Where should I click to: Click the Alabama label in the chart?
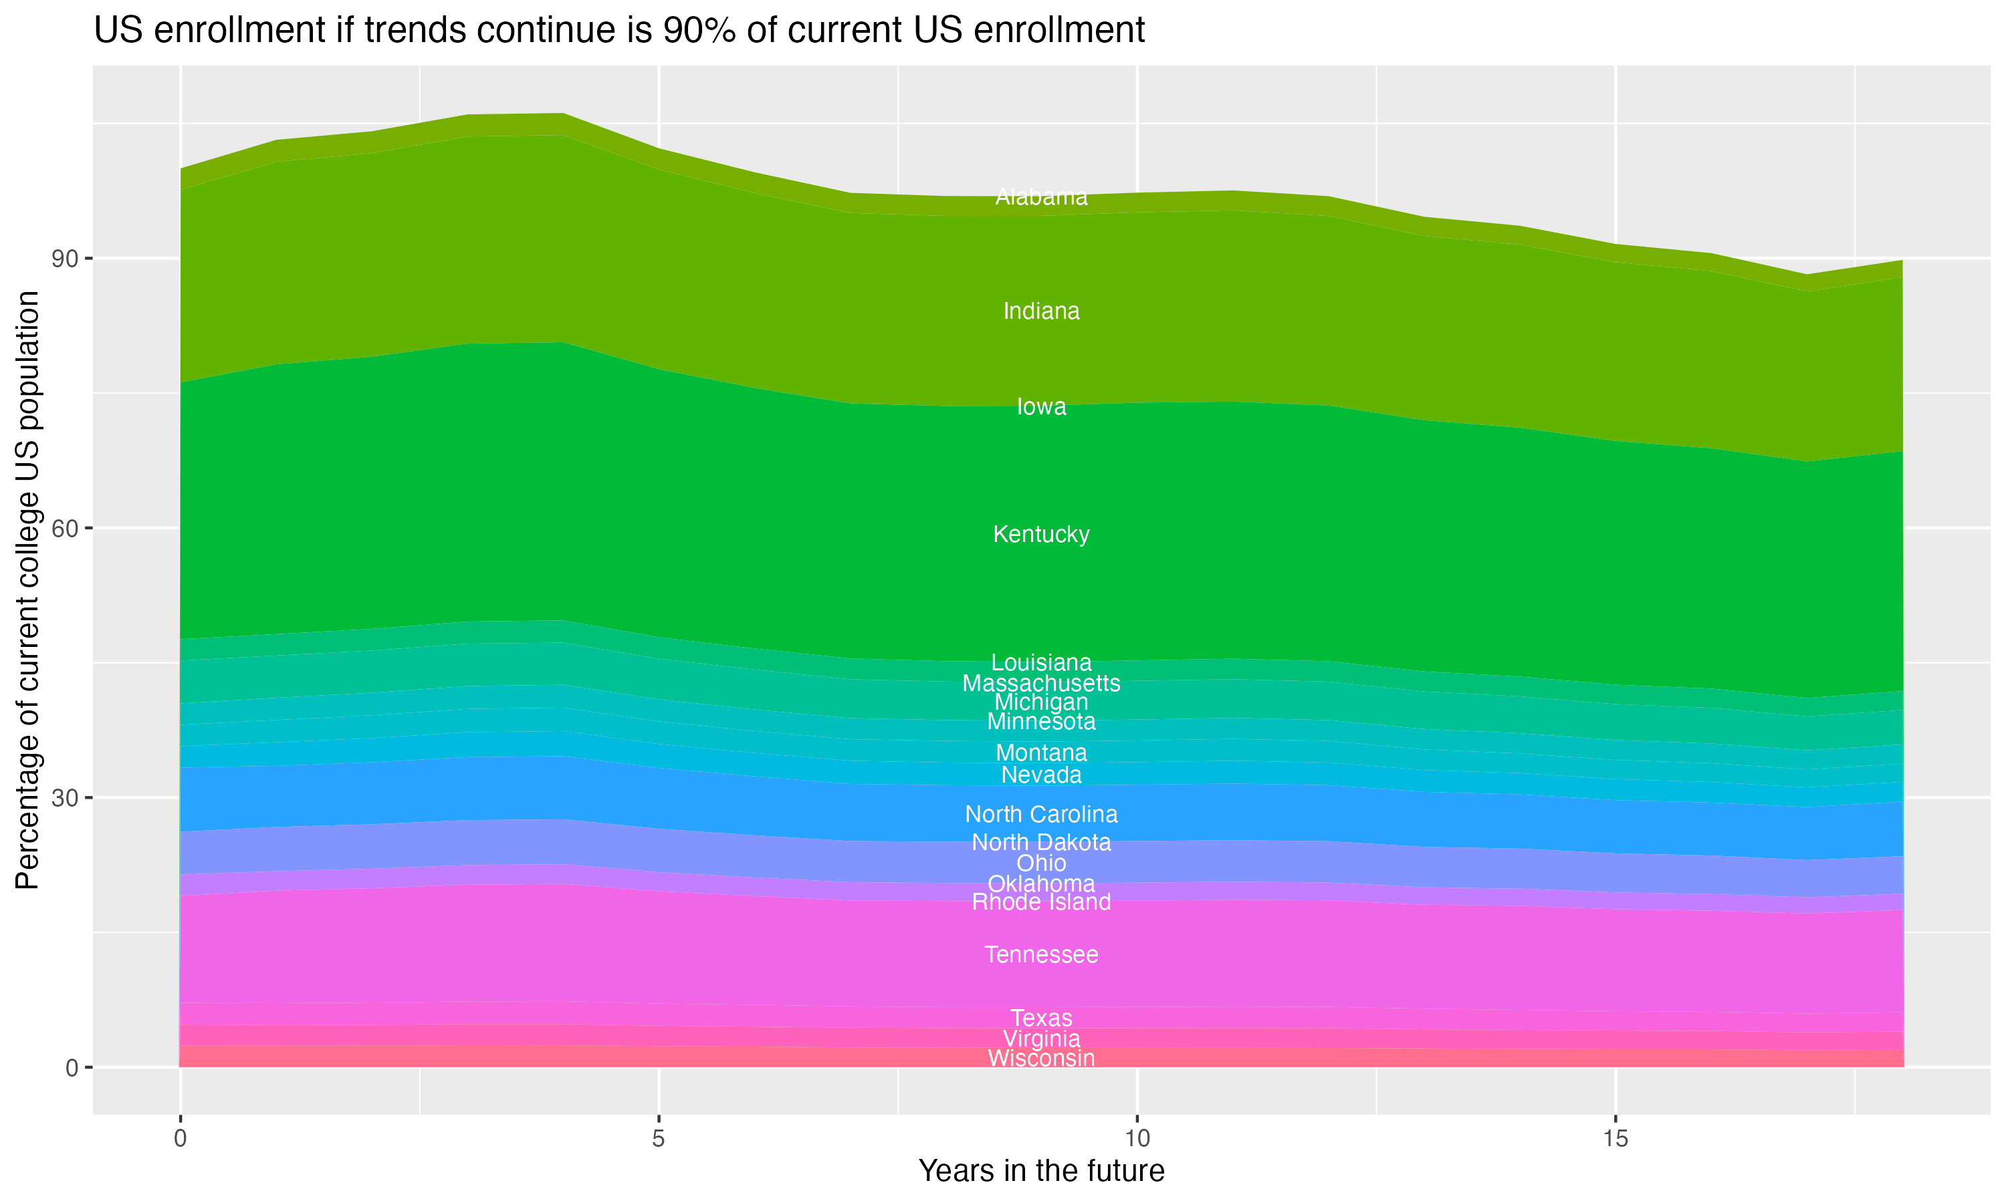coord(1041,197)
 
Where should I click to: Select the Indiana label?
coord(1041,311)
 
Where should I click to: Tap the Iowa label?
coord(1041,407)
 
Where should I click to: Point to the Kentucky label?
coord(1041,534)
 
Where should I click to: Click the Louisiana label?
coord(1041,662)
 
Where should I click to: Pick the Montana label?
coord(1041,753)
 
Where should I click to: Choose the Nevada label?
coord(1041,775)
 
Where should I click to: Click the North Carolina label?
coord(1041,814)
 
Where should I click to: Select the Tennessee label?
coord(1041,954)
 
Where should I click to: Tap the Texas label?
coord(1041,1017)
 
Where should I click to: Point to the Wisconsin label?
coord(1041,1058)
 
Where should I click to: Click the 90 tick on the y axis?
coord(65,259)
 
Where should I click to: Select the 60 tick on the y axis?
coord(65,529)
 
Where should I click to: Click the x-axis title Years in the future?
coord(1041,1170)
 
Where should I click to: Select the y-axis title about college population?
coord(27,589)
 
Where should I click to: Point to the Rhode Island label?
coord(1041,902)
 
